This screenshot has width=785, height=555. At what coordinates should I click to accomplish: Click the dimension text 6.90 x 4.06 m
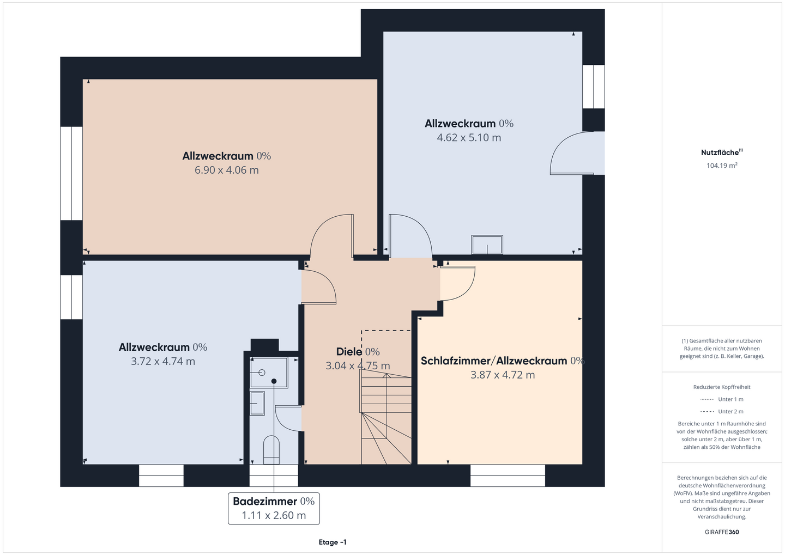click(226, 170)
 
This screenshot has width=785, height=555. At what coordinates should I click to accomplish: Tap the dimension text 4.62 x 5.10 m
click(469, 138)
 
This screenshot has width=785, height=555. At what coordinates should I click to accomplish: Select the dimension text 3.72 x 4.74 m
click(163, 361)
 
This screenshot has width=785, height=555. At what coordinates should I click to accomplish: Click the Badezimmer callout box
click(274, 508)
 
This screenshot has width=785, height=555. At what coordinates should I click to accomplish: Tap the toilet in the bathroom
click(271, 450)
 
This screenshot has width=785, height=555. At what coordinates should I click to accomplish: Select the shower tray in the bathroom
click(269, 373)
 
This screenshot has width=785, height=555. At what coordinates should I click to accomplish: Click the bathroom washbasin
click(257, 404)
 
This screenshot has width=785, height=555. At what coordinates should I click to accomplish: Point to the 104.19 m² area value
click(722, 166)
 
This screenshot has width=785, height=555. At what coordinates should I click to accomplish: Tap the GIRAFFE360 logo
click(722, 532)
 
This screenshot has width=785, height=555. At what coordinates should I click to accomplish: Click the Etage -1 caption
click(332, 542)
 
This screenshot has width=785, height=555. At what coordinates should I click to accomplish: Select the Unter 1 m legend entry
click(722, 399)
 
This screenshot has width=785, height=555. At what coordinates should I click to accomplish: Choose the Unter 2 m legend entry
click(722, 411)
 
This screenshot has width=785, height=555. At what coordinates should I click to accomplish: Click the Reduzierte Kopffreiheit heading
click(722, 387)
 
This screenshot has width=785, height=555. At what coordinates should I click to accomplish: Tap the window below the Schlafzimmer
click(508, 475)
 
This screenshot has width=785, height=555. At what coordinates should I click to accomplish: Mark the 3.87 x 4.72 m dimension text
click(503, 375)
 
